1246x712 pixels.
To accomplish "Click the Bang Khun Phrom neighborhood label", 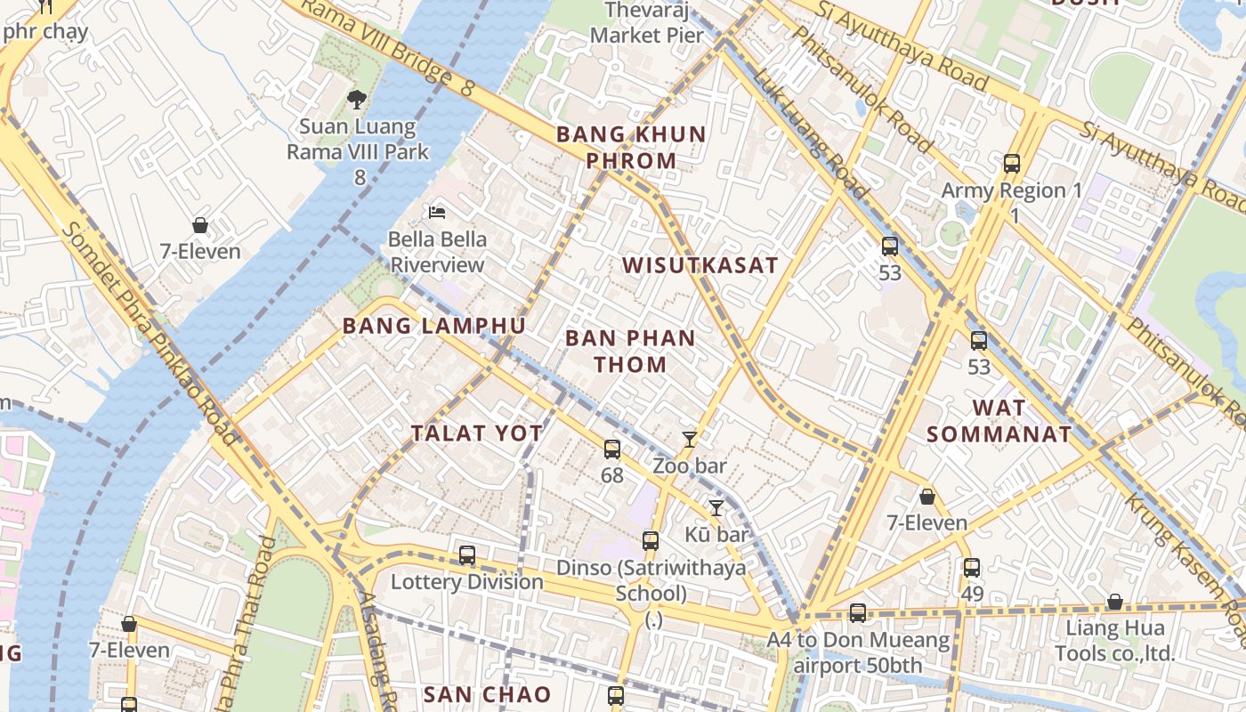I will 631,148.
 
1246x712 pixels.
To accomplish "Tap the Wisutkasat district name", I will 700,265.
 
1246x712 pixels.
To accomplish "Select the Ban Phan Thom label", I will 630,351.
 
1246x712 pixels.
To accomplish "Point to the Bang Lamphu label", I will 434,326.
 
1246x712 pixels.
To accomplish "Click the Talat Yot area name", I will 477,433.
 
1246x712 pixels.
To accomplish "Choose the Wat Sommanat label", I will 999,421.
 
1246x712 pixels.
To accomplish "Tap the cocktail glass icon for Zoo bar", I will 690,439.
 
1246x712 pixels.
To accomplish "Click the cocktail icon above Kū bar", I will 716,508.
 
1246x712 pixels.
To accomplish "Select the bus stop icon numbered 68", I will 612,449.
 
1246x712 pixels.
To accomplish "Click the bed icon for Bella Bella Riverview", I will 437,212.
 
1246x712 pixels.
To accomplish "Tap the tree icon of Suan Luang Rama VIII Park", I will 357,99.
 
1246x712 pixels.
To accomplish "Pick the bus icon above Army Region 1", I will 1012,164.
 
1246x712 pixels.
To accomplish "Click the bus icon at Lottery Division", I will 467,555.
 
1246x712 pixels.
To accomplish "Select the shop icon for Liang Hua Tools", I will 1114,603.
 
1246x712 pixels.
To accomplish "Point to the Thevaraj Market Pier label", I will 647,23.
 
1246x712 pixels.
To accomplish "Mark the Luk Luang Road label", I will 810,133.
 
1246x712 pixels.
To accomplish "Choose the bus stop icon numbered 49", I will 972,568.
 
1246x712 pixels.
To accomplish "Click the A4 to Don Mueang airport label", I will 858,652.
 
